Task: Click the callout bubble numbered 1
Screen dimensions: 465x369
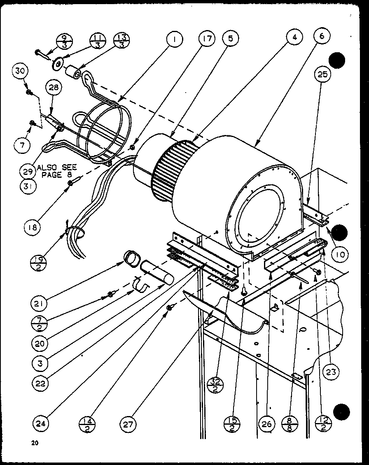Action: pyautogui.click(x=175, y=40)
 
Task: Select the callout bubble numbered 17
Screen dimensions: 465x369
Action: pyautogui.click(x=206, y=40)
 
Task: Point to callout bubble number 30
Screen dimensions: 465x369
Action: pyautogui.click(x=20, y=71)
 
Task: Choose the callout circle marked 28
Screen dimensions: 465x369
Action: pyautogui.click(x=55, y=88)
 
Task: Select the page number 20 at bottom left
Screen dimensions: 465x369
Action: pyautogui.click(x=34, y=443)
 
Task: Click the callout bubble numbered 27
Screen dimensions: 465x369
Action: pyautogui.click(x=129, y=423)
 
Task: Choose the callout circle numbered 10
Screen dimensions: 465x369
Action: pyautogui.click(x=341, y=255)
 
